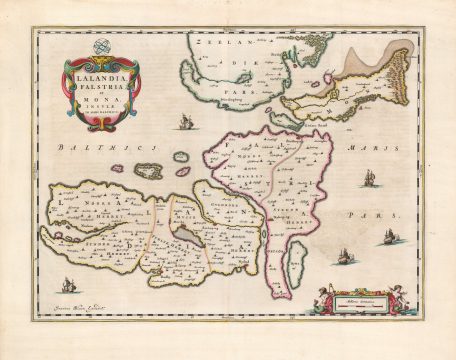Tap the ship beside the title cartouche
184,122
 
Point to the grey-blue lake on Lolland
190,234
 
